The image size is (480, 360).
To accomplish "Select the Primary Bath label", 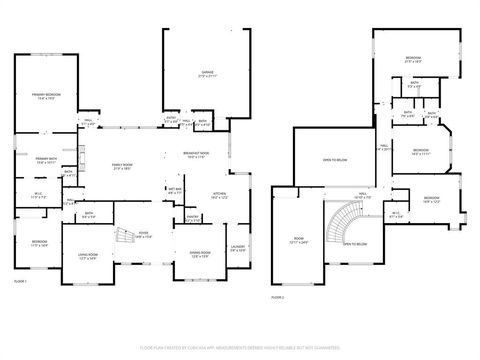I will click(46, 160).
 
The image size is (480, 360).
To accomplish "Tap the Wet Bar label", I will click(174, 190).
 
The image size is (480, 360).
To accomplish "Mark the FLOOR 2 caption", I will click(278, 297).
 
